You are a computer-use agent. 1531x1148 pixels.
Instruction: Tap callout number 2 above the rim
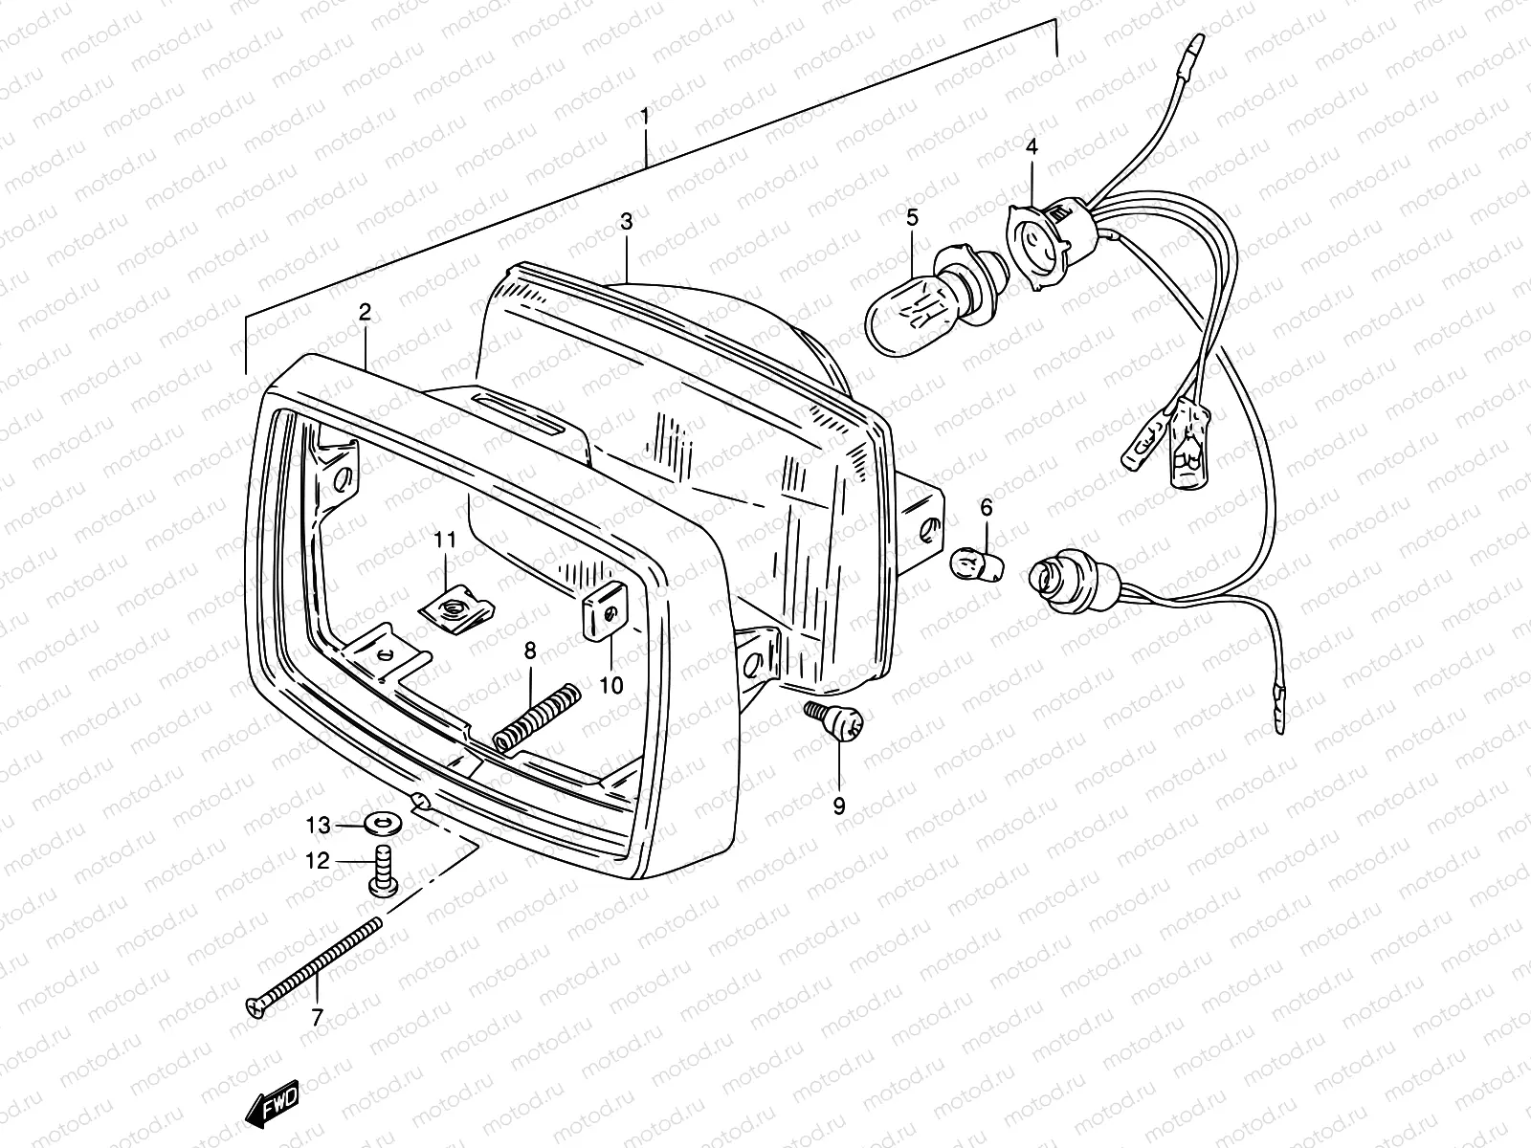(x=365, y=312)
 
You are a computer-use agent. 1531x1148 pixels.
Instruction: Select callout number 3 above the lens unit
(x=653, y=222)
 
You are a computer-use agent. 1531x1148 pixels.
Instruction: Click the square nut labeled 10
(x=603, y=614)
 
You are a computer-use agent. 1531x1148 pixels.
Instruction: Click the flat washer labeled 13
(x=384, y=823)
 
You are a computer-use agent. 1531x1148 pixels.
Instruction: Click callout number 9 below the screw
(x=839, y=806)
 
